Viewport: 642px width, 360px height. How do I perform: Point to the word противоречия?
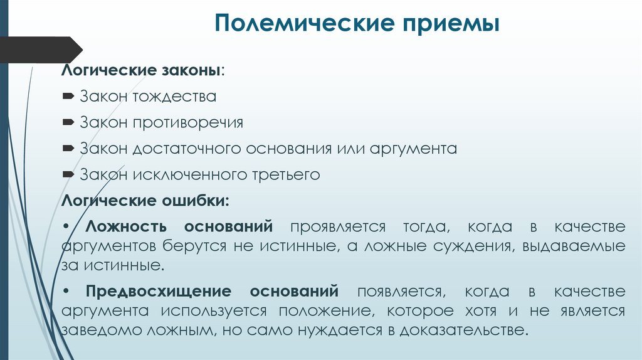tap(187, 122)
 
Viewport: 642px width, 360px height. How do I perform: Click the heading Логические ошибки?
tap(144, 201)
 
